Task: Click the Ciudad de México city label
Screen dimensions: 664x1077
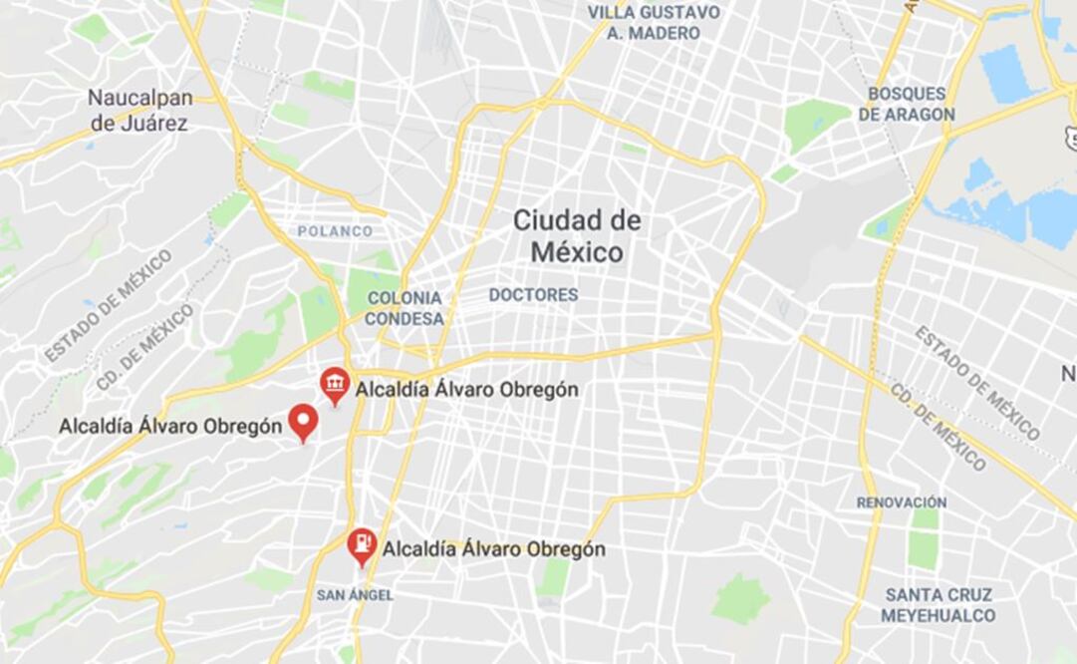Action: coord(577,235)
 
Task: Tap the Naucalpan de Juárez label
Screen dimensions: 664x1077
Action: coord(137,110)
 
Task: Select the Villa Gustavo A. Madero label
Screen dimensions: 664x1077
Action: coord(654,22)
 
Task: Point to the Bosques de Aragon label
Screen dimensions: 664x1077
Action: coord(906,104)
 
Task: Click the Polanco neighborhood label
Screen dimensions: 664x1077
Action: coord(335,231)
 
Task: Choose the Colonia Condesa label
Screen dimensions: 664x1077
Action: coord(404,308)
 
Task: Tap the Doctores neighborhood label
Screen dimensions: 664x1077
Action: coord(533,295)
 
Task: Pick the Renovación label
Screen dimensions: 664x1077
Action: coord(901,502)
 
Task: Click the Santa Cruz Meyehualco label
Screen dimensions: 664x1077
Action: coord(938,605)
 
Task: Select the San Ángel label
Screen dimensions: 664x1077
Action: coord(355,595)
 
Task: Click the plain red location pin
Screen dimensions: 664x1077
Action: coord(303,423)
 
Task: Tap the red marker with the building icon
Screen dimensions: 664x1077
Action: coord(335,384)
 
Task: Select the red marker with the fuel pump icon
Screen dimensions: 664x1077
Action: coord(362,545)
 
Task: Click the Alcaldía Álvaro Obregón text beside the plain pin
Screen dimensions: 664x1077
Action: coord(170,427)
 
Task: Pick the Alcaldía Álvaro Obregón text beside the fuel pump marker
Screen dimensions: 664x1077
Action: coord(493,549)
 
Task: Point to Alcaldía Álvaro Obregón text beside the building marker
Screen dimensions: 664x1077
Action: coord(466,390)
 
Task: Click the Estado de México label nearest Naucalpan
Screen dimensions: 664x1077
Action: coord(108,305)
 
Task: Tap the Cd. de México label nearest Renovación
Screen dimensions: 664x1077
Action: coord(938,427)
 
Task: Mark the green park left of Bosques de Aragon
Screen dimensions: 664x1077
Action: coord(815,124)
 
